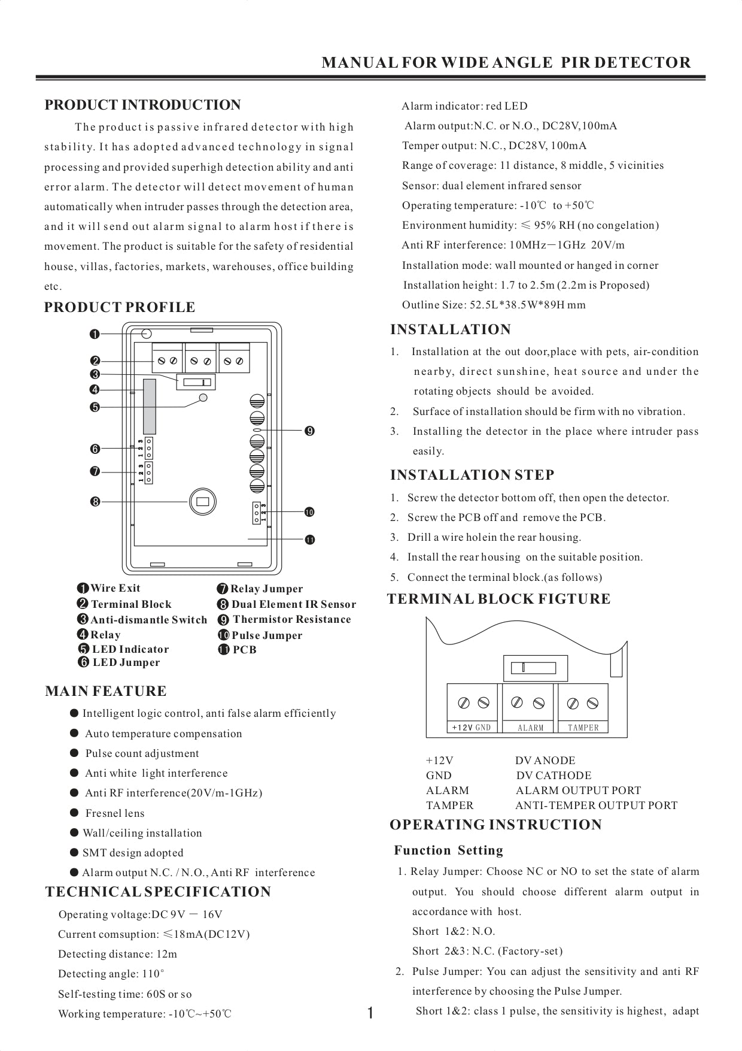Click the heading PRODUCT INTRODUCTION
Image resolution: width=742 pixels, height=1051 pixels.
point(142,105)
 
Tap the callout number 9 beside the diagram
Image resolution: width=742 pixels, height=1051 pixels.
point(309,431)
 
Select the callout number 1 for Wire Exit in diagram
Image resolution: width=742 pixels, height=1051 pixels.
point(94,334)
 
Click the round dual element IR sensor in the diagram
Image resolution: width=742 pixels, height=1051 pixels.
point(202,501)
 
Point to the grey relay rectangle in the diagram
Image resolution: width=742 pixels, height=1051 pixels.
point(150,406)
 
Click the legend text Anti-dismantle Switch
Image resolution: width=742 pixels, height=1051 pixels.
point(148,620)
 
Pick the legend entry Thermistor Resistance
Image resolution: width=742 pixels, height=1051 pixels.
point(291,619)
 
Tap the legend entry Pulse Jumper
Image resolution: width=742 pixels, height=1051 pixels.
point(267,635)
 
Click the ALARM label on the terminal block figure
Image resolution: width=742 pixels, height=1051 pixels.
point(530,728)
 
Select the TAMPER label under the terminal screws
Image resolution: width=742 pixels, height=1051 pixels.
point(583,728)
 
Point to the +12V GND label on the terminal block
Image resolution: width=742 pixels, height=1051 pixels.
point(472,728)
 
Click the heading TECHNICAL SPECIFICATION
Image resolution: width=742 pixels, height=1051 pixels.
point(158,892)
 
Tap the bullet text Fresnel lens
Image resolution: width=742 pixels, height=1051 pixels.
point(115,813)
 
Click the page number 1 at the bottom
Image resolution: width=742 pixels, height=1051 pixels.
point(370,1013)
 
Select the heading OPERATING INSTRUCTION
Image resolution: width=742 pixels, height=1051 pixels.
point(495,825)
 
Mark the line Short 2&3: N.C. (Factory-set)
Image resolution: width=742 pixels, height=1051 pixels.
point(487,951)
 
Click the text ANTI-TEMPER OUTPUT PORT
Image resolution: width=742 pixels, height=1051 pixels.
point(596,805)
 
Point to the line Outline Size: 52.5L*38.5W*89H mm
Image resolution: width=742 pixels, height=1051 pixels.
point(494,305)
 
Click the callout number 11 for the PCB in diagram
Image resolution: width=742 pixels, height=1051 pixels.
point(309,540)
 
